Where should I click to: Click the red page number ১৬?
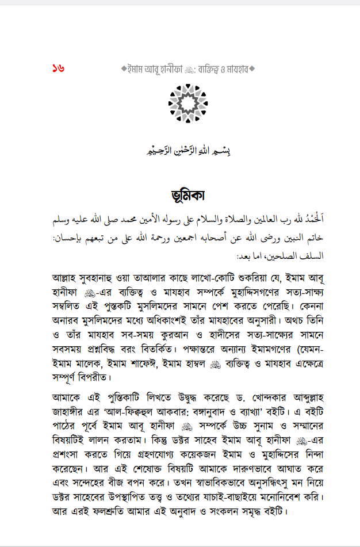coord(58,68)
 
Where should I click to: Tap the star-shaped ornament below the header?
coord(188,102)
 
